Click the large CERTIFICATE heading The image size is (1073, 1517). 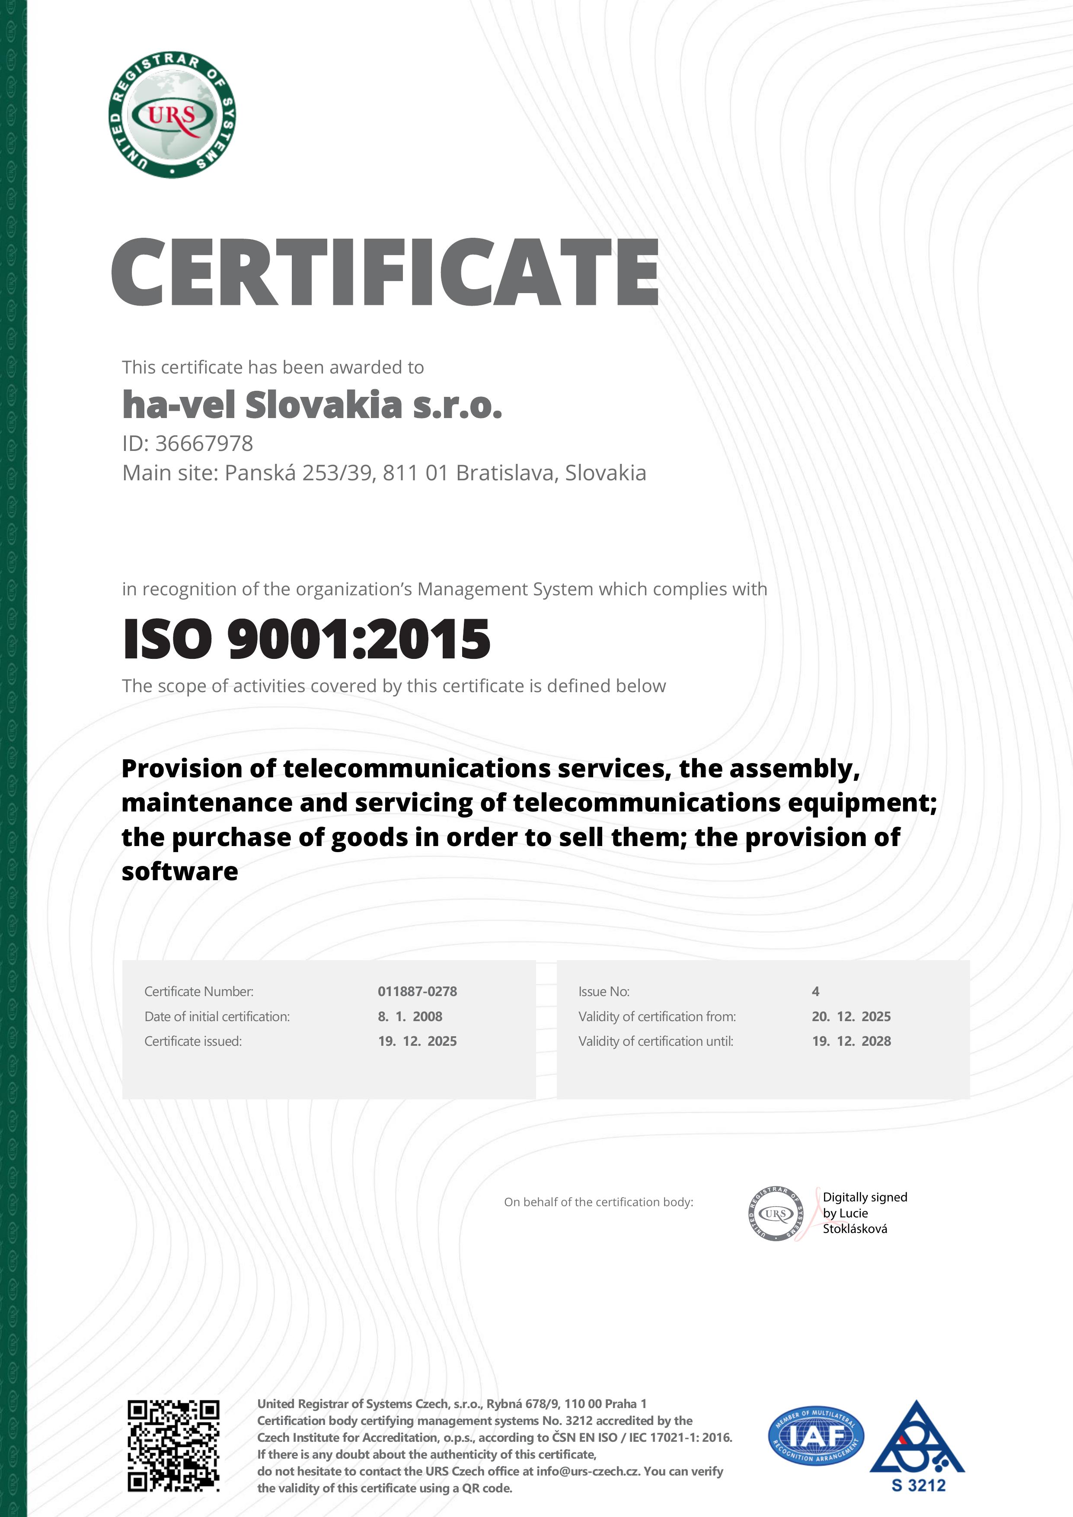385,272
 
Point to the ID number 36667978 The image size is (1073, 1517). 204,443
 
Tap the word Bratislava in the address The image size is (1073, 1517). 505,473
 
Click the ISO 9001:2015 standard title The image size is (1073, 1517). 307,639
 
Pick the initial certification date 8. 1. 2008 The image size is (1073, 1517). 410,1016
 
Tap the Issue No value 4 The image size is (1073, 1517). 815,991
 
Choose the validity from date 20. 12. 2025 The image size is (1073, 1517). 851,1016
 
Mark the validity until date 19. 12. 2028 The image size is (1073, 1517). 851,1041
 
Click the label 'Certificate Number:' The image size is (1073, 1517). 199,991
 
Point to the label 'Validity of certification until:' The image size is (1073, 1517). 655,1041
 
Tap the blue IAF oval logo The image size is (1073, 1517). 815,1435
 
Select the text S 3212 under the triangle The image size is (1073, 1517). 918,1485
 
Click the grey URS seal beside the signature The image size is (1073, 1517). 776,1214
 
